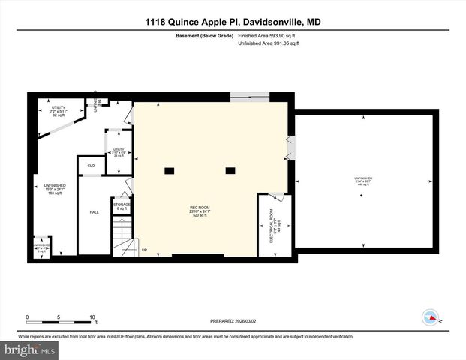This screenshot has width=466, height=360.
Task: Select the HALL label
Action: (x=95, y=212)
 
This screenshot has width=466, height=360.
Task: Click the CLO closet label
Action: (x=90, y=166)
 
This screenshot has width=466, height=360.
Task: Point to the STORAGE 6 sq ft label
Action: (x=122, y=205)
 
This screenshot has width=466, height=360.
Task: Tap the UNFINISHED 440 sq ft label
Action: (x=363, y=181)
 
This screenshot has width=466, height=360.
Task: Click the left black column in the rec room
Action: (x=170, y=169)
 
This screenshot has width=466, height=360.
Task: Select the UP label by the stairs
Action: (x=144, y=250)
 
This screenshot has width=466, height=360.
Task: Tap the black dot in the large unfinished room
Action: (x=362, y=196)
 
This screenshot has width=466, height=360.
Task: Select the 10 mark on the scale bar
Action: (x=92, y=316)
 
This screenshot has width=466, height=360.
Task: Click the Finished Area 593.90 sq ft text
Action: (x=268, y=36)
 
